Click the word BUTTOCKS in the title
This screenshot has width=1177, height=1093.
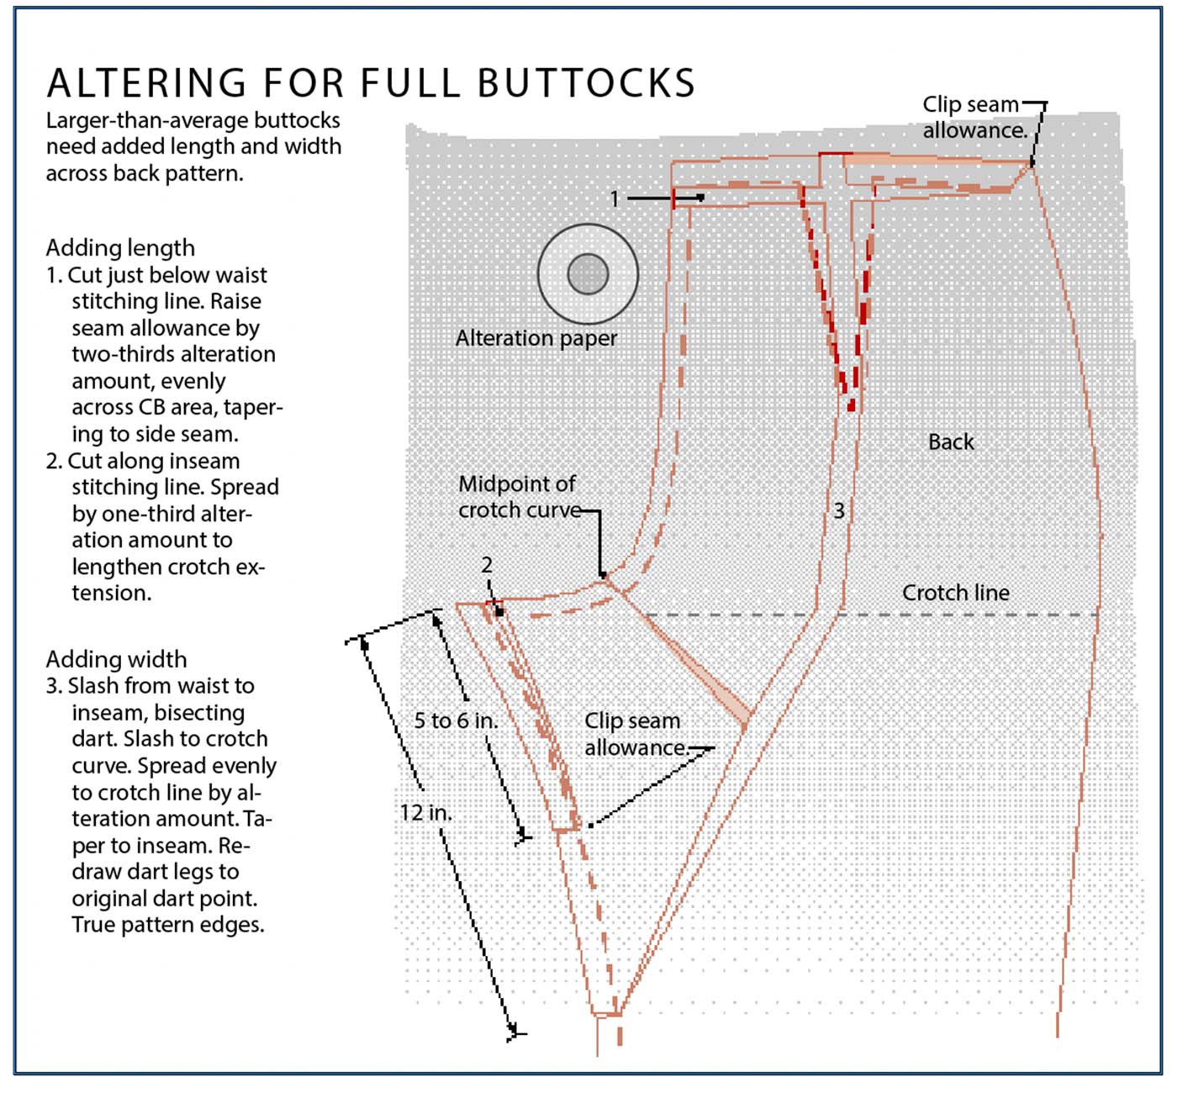tap(586, 83)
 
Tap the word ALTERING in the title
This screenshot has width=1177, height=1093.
tap(147, 83)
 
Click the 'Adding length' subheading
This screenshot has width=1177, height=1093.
tap(120, 248)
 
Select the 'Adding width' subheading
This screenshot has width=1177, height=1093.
tap(116, 659)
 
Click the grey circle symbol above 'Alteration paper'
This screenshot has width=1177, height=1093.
tap(588, 274)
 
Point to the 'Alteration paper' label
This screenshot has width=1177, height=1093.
tap(536, 338)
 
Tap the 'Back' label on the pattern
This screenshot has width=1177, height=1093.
tap(951, 442)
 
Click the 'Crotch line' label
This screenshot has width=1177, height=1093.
tap(956, 593)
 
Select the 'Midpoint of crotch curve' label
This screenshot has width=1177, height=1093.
tap(518, 497)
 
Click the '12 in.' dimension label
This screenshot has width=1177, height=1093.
tap(425, 813)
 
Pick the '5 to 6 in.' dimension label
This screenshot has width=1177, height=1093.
tap(456, 721)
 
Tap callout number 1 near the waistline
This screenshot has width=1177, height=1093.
tap(615, 198)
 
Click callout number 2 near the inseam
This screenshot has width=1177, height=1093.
tap(487, 565)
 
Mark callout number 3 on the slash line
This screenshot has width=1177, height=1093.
tap(839, 510)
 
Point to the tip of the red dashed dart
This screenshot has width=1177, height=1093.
tap(851, 408)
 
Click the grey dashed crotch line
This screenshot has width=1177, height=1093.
tap(925, 615)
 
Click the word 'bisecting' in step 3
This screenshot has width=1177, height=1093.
tap(199, 713)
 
